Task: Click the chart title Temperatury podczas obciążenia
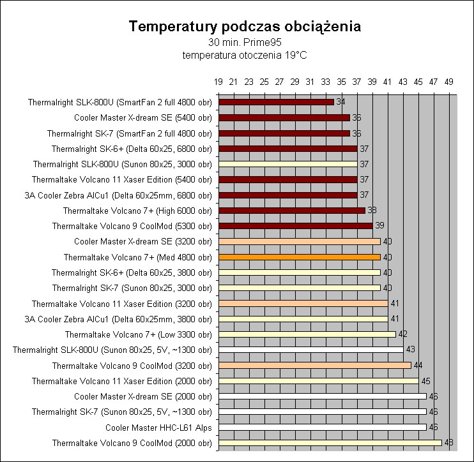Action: pos(245,27)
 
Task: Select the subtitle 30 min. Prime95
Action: pos(245,43)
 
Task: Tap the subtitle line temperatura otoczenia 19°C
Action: pos(245,56)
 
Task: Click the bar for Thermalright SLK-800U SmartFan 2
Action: pos(276,101)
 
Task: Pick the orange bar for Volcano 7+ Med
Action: pos(299,257)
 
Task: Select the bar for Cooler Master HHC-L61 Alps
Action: pos(322,427)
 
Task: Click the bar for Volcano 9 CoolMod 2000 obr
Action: pos(330,442)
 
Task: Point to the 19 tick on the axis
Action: pos(218,82)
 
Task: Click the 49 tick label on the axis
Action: pos(449,82)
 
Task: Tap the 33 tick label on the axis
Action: pos(326,82)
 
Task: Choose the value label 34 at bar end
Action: pos(340,102)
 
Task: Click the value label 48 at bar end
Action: pos(448,443)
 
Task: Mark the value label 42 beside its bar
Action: pos(402,334)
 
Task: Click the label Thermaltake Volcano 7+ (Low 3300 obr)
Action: pos(138,334)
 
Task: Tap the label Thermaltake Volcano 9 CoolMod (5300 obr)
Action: pos(132,225)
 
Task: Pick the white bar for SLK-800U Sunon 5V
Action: pos(310,349)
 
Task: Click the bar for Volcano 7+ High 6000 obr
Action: pos(291,210)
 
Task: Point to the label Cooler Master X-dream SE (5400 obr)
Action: pos(142,117)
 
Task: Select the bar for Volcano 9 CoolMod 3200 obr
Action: pos(314,365)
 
